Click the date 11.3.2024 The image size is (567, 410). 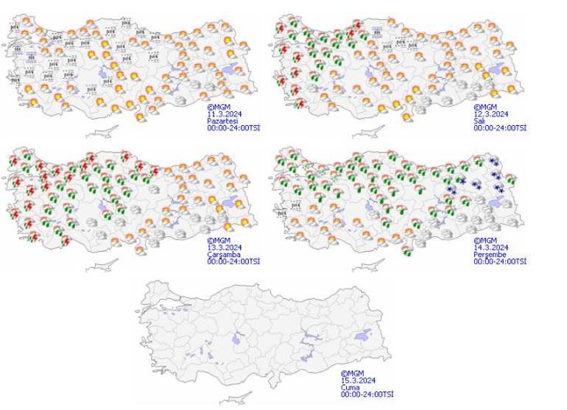pos(223,114)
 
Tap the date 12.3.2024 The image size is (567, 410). pos(490,114)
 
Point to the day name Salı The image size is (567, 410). pos(479,121)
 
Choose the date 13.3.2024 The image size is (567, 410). pos(223,247)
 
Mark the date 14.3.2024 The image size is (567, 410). pos(490,247)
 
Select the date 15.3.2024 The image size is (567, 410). pos(358,381)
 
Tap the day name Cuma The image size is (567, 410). pos(349,387)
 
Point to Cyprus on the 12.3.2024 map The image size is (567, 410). pos(368,133)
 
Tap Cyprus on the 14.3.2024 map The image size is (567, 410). pos(368,266)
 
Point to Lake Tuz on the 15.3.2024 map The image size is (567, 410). pos(240,339)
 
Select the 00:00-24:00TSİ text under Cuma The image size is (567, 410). pos(367,395)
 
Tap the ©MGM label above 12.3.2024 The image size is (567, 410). pos(484,107)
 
